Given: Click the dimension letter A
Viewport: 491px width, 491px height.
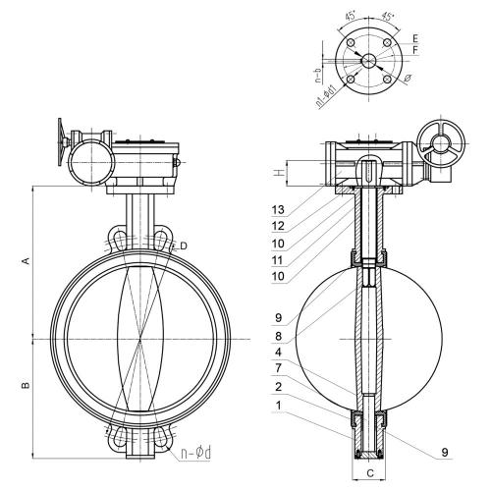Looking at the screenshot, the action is (26, 261).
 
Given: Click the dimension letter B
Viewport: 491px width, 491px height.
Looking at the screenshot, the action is (26, 385).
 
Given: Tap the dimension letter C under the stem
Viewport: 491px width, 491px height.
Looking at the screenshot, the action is (370, 473).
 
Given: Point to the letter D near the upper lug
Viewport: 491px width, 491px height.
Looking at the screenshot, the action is (184, 245).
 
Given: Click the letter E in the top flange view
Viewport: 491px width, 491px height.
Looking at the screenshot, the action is (415, 38).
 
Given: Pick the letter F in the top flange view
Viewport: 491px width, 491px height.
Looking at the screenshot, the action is (415, 50).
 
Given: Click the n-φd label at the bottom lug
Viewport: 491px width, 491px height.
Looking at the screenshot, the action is (196, 453).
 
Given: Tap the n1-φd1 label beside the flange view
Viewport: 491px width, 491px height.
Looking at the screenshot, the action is (326, 96).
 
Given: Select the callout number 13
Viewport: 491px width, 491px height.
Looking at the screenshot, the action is (278, 210).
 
